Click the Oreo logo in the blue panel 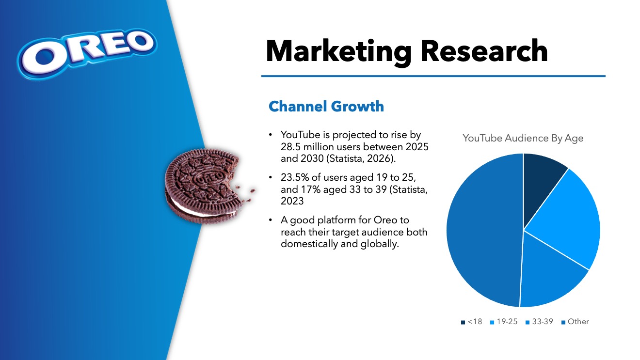pyautogui.click(x=87, y=54)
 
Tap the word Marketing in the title pyautogui.click(x=338, y=51)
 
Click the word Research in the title pyautogui.click(x=484, y=51)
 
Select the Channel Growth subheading pyautogui.click(x=326, y=107)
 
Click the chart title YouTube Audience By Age pyautogui.click(x=523, y=138)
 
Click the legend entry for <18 pyautogui.click(x=471, y=322)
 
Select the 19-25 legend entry pyautogui.click(x=504, y=322)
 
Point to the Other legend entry pyautogui.click(x=575, y=322)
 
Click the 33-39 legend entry pyautogui.click(x=540, y=322)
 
